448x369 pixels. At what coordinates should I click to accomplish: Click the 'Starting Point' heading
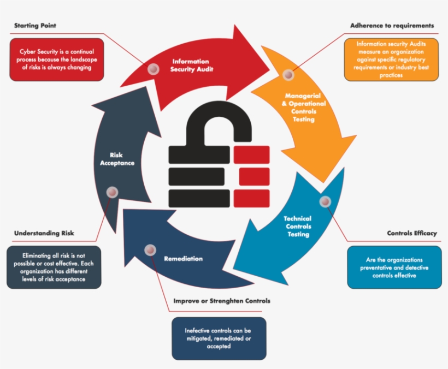(35, 26)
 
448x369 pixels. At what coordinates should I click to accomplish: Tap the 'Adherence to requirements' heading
(392, 26)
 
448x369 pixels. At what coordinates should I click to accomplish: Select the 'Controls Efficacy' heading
(412, 233)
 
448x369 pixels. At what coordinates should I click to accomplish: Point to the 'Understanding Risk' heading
(44, 233)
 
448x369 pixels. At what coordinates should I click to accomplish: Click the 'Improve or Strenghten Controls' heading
(221, 301)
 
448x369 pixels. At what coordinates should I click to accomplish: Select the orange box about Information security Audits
(391, 59)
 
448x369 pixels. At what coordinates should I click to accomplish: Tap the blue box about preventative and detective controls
(394, 267)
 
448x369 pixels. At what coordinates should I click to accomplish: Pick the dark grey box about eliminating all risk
(54, 267)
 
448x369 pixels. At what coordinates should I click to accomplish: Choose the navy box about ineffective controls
(218, 338)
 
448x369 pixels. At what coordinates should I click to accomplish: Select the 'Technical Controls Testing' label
(298, 227)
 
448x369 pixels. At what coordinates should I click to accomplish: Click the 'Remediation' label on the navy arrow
(183, 258)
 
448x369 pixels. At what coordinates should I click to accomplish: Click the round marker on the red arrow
(154, 68)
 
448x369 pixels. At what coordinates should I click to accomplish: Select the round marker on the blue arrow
(325, 202)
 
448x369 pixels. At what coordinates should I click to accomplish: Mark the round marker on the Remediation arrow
(150, 250)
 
